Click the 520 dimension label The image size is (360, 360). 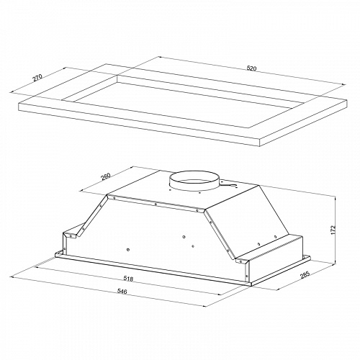click(251, 68)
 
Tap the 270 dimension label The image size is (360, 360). click(37, 78)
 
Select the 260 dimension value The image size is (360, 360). click(106, 176)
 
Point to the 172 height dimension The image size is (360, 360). click(333, 230)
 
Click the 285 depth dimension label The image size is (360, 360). click(305, 276)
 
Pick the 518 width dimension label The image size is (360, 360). click(128, 279)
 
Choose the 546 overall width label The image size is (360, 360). click(122, 291)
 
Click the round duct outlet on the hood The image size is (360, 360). click(194, 181)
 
